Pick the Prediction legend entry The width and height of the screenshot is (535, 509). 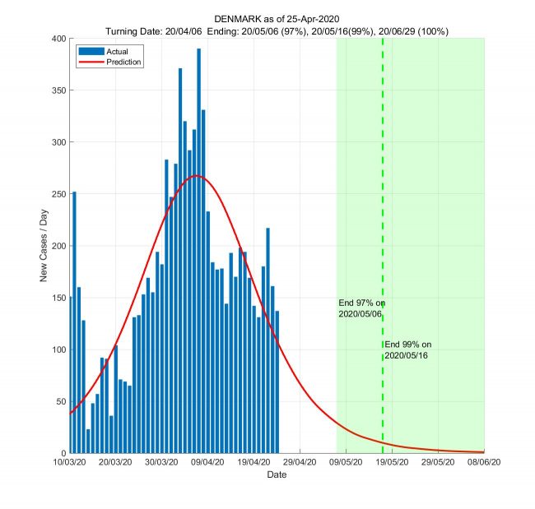pyautogui.click(x=108, y=62)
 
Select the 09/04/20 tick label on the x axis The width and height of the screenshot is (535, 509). pyautogui.click(x=208, y=462)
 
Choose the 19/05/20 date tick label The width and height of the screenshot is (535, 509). pyautogui.click(x=392, y=462)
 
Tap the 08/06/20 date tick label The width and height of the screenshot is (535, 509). pyautogui.click(x=483, y=462)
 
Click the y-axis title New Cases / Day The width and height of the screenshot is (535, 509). pyautogui.click(x=44, y=245)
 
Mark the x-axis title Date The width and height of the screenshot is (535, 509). pyautogui.click(x=277, y=474)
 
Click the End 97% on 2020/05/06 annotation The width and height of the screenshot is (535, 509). pyautogui.click(x=361, y=308)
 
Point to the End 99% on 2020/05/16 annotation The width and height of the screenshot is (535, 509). pyautogui.click(x=407, y=349)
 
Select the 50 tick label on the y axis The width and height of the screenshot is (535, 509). pyautogui.click(x=59, y=401)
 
